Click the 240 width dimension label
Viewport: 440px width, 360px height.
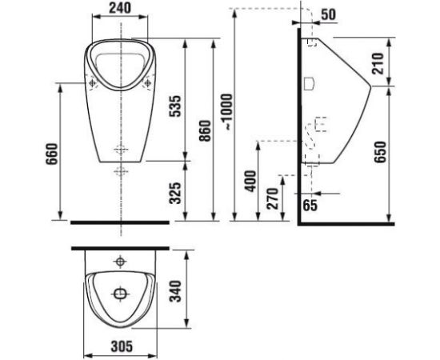tap(120, 8)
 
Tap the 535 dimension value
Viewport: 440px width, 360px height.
tap(177, 106)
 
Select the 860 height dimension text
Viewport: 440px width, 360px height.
tap(205, 130)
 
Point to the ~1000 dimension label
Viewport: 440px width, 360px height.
tap(226, 112)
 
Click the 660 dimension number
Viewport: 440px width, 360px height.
tap(52, 154)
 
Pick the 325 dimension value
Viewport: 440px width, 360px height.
tap(177, 193)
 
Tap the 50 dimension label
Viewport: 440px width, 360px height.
tap(328, 14)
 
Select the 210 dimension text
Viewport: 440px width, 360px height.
tap(378, 63)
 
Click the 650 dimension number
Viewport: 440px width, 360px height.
tap(380, 152)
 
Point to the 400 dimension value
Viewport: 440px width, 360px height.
tap(251, 181)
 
